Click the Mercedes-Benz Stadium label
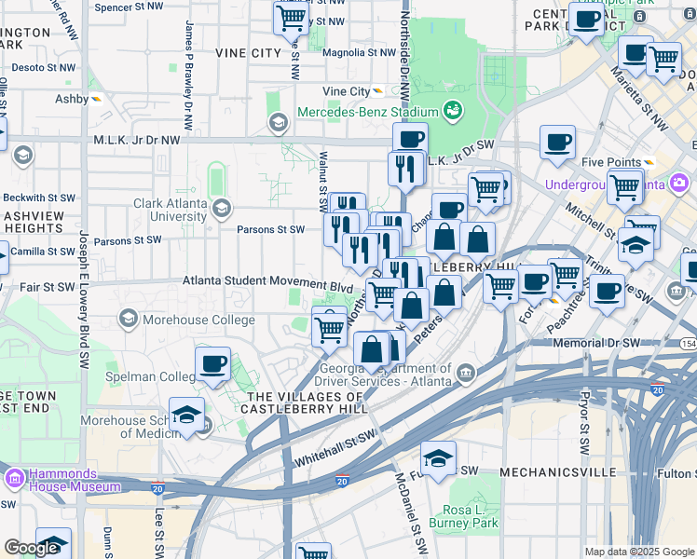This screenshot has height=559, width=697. pyautogui.click(x=367, y=113)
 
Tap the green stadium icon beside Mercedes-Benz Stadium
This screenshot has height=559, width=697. pyautogui.click(x=454, y=112)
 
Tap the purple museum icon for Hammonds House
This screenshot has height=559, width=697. pyautogui.click(x=13, y=479)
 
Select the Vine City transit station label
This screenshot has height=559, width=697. pyautogui.click(x=346, y=91)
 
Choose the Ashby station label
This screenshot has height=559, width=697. pyautogui.click(x=71, y=98)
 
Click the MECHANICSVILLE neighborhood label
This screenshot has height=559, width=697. pyautogui.click(x=557, y=472)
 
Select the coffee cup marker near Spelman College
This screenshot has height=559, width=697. pyautogui.click(x=212, y=363)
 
